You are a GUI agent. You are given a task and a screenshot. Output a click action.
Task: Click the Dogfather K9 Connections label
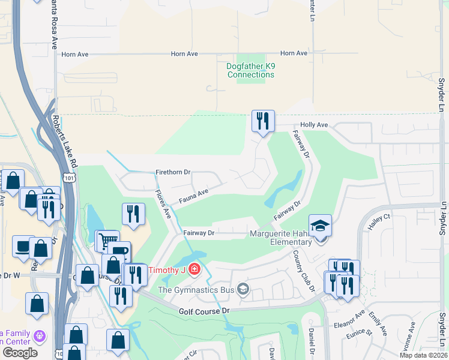click(251, 70)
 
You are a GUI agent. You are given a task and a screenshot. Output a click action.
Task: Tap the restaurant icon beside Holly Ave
click(263, 122)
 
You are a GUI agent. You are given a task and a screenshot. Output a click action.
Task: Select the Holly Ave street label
click(314, 125)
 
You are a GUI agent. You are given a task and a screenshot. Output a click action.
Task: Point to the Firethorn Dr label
click(172, 172)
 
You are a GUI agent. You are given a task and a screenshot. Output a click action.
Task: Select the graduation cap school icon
click(321, 226)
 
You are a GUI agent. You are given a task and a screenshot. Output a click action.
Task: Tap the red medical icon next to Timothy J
click(194, 269)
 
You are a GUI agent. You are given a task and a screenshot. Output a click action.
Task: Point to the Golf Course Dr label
click(204, 311)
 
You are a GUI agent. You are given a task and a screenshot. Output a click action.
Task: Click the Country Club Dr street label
click(304, 269)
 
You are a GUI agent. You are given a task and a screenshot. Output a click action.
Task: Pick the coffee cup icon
click(24, 247)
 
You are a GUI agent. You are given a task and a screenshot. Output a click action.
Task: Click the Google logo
click(20, 352)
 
